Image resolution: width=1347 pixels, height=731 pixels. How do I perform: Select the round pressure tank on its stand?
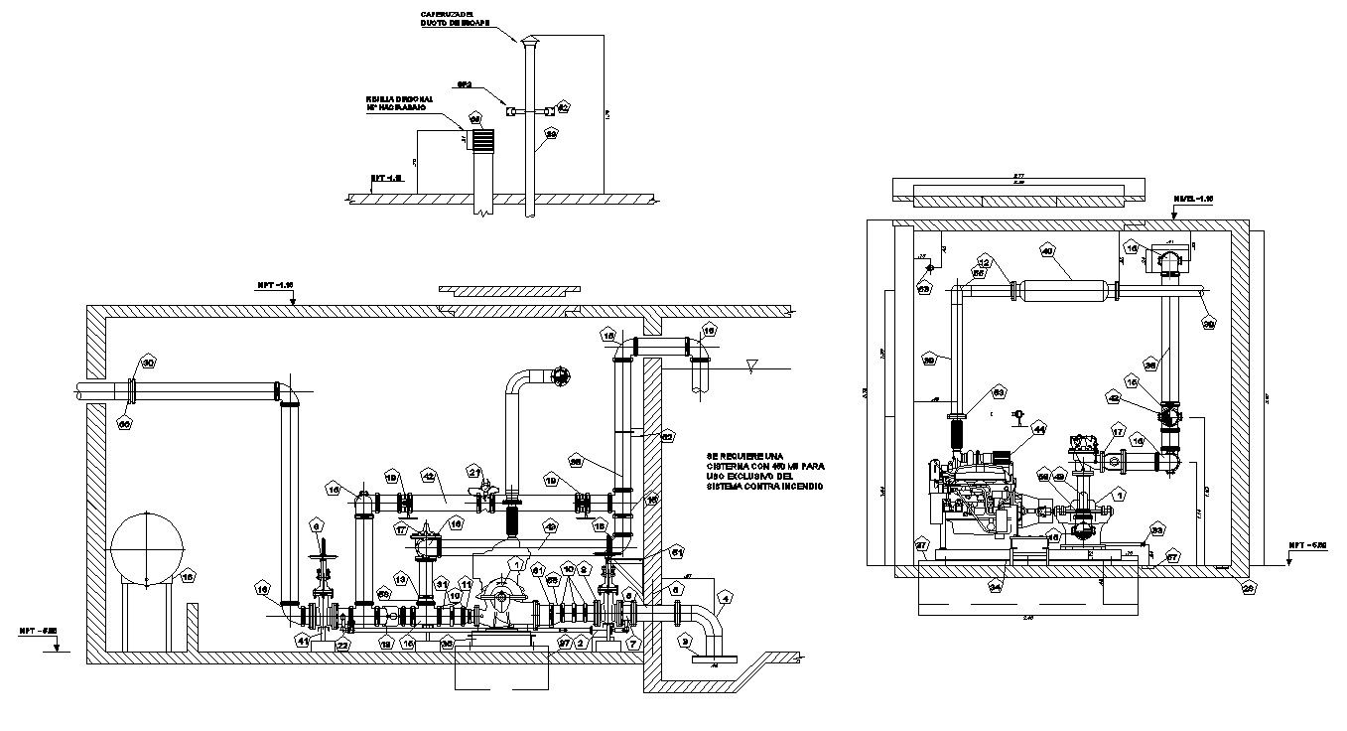(x=148, y=548)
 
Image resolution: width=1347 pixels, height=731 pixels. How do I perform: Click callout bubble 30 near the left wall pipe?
(x=148, y=363)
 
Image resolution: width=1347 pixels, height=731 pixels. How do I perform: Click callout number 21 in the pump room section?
(x=475, y=472)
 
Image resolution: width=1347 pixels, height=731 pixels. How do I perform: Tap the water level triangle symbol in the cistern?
(x=751, y=366)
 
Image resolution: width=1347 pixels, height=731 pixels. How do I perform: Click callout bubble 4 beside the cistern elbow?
(x=726, y=599)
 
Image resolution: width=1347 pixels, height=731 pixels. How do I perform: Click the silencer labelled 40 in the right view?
(x=1066, y=291)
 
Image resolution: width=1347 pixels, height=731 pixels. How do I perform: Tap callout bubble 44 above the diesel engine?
(x=1039, y=430)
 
